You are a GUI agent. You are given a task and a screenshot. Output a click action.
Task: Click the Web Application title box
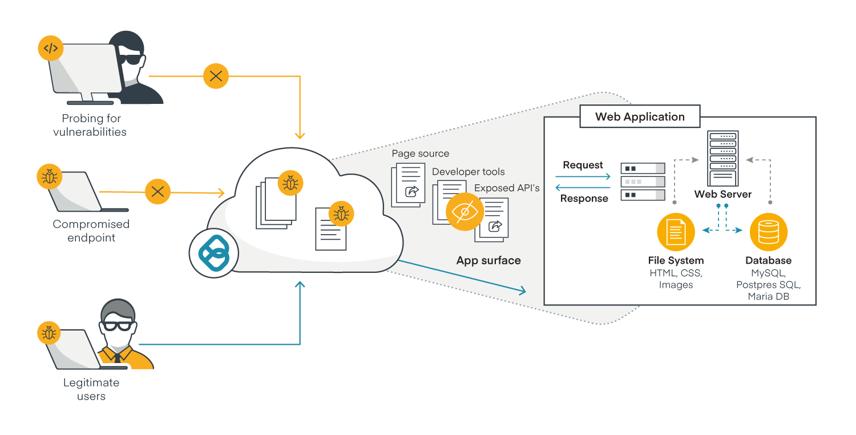click(640, 117)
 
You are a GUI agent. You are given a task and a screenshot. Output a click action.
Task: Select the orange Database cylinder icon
click(768, 232)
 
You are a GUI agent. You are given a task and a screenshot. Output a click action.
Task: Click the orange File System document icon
click(676, 232)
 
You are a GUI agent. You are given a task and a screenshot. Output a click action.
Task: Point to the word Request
click(583, 165)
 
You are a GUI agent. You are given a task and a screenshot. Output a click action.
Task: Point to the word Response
click(584, 199)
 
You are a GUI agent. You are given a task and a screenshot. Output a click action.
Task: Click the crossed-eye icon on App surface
click(465, 212)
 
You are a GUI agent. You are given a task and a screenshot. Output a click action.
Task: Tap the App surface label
click(488, 260)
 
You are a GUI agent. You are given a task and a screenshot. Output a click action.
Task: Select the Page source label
click(420, 154)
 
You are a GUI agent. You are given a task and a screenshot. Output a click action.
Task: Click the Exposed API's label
click(507, 188)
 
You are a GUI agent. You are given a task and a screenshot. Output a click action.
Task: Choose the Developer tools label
click(468, 171)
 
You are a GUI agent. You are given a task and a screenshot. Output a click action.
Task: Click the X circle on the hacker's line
click(216, 76)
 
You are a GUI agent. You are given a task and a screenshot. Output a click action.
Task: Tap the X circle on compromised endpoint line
click(158, 192)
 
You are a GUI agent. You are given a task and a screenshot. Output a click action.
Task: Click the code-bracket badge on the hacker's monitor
click(51, 49)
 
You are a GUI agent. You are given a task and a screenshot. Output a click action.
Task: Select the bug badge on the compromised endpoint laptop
click(50, 177)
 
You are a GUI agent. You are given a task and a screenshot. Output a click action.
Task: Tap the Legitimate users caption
click(91, 389)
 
